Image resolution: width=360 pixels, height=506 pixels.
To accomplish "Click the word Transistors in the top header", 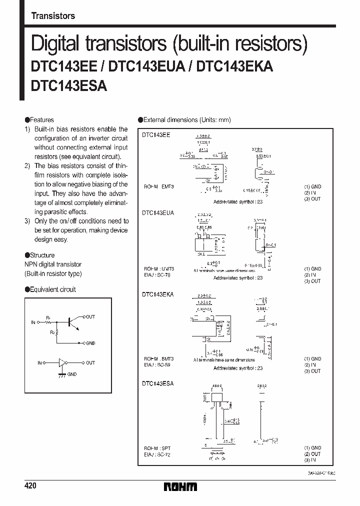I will click(53, 16).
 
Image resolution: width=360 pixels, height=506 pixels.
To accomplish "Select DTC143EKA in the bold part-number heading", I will click(235, 67).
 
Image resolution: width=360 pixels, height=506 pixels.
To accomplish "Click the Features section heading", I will click(41, 120).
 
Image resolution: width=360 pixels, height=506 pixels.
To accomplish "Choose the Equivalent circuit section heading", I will click(52, 289).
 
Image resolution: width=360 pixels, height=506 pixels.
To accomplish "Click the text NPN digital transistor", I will click(53, 264).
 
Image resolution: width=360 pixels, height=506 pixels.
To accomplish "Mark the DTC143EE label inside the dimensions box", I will click(156, 135).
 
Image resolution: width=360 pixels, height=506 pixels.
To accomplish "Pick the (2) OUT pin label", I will click(312, 454).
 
